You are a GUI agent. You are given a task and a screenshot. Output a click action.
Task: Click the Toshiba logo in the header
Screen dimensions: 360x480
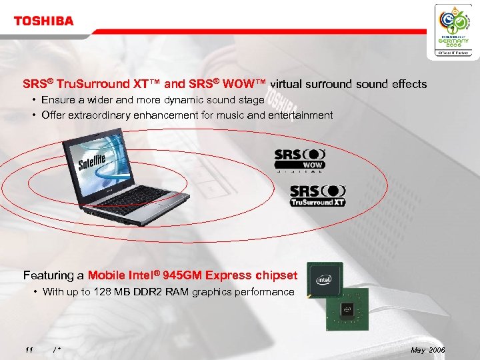coord(44,21)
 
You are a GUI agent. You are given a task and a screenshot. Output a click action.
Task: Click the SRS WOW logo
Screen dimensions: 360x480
coord(299,159)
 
